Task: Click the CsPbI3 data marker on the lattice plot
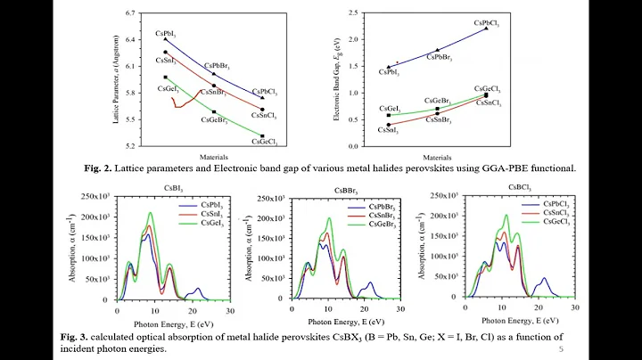166,39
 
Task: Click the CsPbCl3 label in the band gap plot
487,21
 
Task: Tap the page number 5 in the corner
561,350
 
